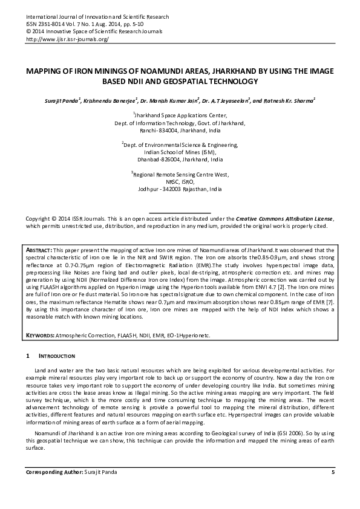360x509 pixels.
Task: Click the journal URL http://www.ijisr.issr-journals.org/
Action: [x=67, y=39]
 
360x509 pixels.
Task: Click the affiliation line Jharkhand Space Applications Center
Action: [x=180, y=115]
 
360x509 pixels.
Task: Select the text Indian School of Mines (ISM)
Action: [x=180, y=152]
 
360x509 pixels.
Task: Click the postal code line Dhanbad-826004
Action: [x=180, y=160]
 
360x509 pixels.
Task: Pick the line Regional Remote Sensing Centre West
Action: [x=180, y=174]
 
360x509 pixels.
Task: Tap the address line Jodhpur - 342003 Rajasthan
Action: [x=180, y=189]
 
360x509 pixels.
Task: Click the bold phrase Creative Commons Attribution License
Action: [x=284, y=218]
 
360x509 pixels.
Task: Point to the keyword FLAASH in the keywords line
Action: [x=118, y=334]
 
